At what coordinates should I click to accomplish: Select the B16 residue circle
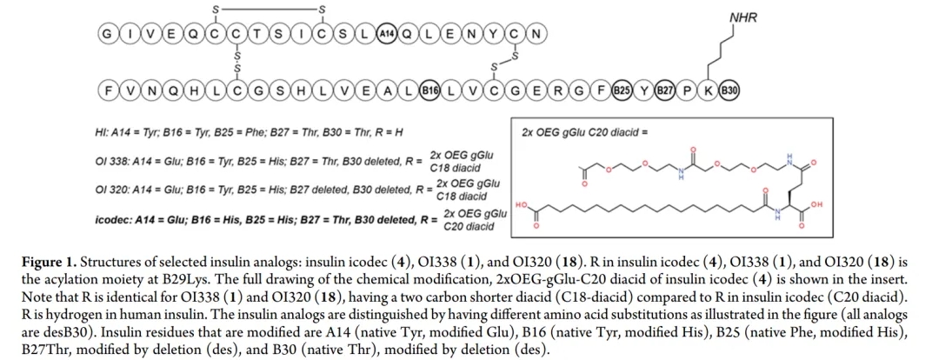429,89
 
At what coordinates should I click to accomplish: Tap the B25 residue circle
621,89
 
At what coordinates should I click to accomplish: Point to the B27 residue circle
664,89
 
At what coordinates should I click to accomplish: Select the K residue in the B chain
708,89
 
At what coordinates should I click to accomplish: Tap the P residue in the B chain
687,89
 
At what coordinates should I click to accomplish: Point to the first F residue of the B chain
108,89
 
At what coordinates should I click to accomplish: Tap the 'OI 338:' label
113,162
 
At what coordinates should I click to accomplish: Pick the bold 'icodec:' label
115,220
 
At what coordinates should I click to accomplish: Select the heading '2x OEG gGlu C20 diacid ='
585,133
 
